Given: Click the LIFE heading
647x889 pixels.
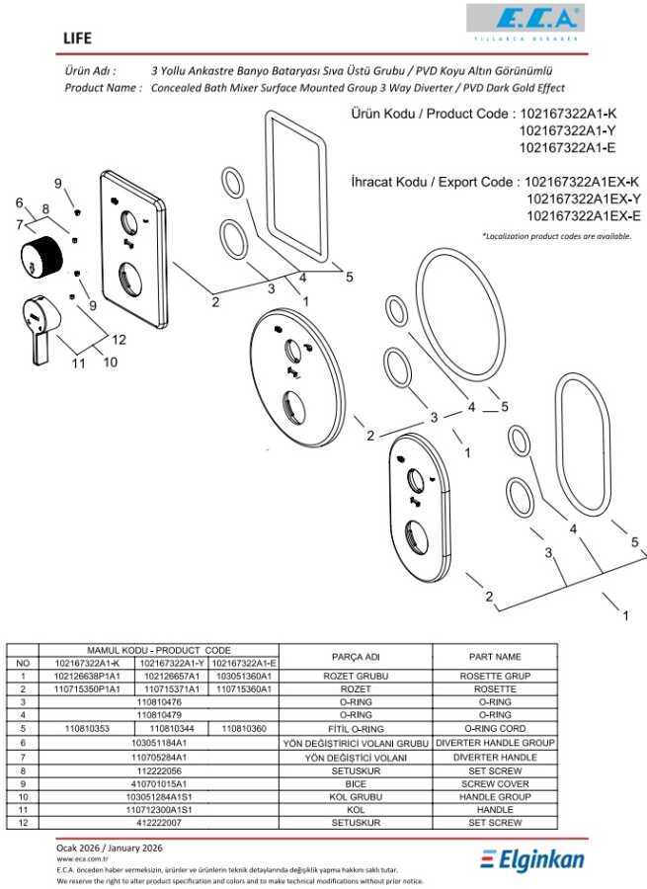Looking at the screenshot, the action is [78, 39].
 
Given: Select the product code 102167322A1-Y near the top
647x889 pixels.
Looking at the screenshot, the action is [567, 131].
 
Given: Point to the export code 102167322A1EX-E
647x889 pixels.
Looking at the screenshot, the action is [584, 216].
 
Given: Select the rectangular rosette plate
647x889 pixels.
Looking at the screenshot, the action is [133, 251].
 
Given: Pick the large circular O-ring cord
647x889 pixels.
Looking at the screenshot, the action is [460, 315].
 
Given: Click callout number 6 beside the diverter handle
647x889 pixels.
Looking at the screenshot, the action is [20, 202].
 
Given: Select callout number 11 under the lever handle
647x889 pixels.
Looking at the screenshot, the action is [78, 363].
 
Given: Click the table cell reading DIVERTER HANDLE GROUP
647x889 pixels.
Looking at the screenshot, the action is [495, 743].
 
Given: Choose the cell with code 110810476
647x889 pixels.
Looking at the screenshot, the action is [159, 702].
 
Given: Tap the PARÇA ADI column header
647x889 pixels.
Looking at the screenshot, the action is [356, 657].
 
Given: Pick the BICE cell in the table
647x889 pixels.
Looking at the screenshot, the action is [356, 783].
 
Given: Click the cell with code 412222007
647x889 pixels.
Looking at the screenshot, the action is [159, 822].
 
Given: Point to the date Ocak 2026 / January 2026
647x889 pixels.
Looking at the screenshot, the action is [110, 849].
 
